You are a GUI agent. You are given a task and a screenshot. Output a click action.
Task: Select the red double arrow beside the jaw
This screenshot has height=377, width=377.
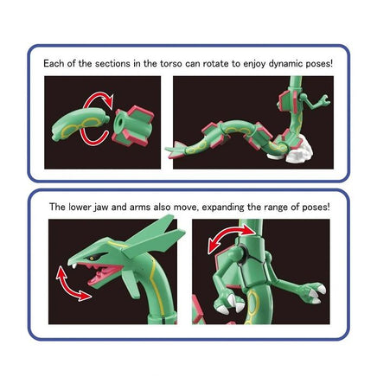73,283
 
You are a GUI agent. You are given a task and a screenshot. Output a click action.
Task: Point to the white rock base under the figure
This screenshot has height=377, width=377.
294,157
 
